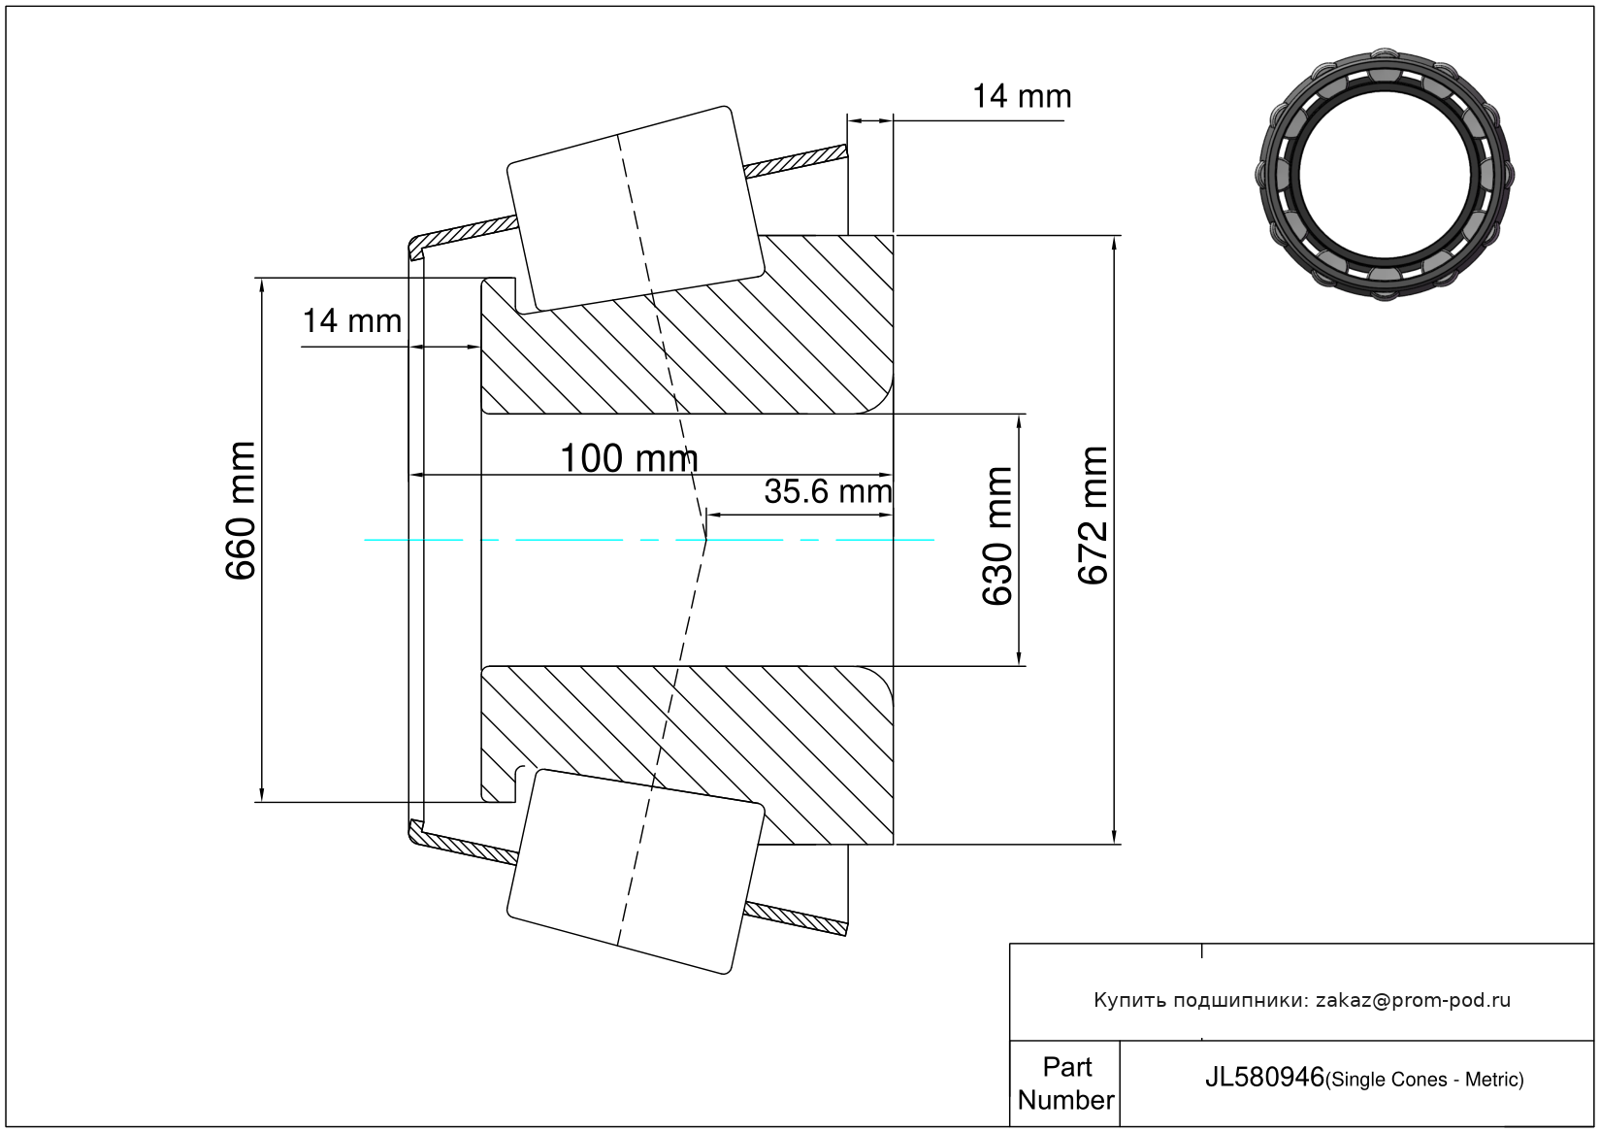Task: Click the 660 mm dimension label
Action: pyautogui.click(x=241, y=511)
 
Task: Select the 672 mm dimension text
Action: pyautogui.click(x=1093, y=516)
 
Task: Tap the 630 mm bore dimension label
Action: pyautogui.click(x=997, y=536)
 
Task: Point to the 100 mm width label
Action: pyautogui.click(x=629, y=458)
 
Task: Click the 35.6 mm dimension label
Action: pyautogui.click(x=828, y=492)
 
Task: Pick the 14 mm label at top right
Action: pyautogui.click(x=1022, y=96)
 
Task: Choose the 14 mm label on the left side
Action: pyautogui.click(x=352, y=321)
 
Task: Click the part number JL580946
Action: pyautogui.click(x=1264, y=1078)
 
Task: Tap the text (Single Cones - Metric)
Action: pyautogui.click(x=1424, y=1080)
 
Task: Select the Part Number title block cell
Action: pyautogui.click(x=1065, y=1083)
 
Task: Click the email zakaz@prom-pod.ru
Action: pyautogui.click(x=1413, y=1001)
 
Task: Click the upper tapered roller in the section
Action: pyautogui.click(x=636, y=210)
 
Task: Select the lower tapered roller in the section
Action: pyautogui.click(x=636, y=872)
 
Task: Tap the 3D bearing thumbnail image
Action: pyautogui.click(x=1385, y=175)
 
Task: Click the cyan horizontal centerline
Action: pyautogui.click(x=649, y=540)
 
